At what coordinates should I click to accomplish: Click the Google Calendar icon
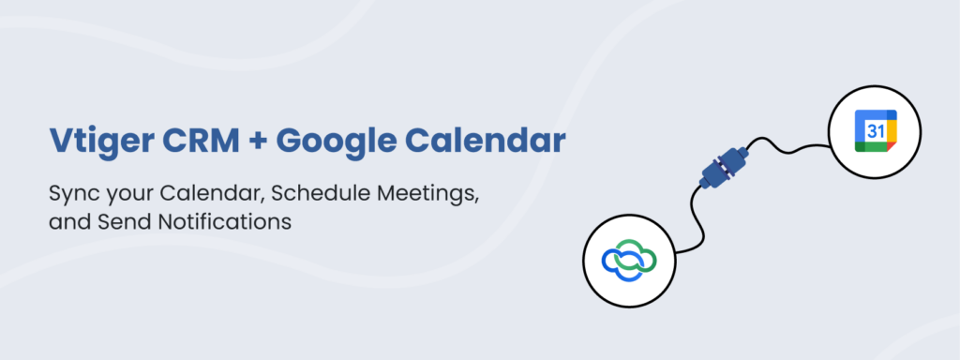pos(875,131)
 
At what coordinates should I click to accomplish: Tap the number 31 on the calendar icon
pos(875,130)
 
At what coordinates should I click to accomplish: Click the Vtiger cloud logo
pos(629,261)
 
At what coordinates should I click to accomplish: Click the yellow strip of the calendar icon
pos(892,131)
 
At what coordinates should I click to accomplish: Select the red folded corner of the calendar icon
pos(891,147)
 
